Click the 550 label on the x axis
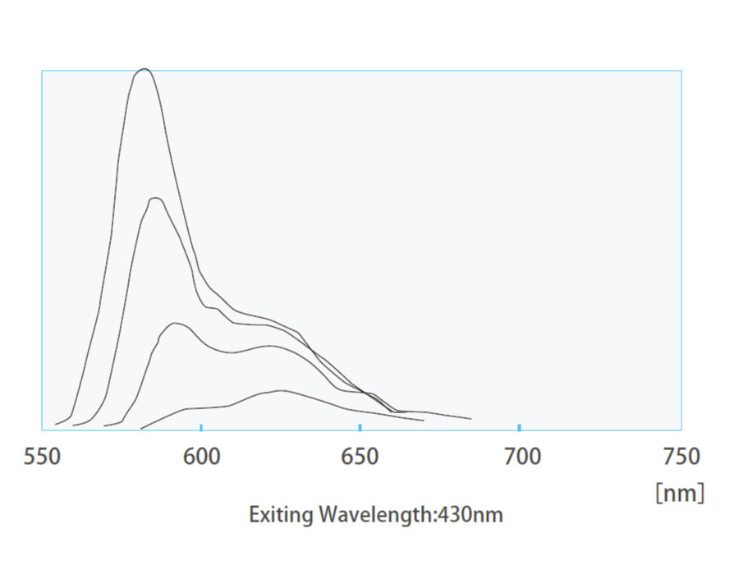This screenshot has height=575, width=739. point(42,457)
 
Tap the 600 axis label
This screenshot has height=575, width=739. point(200,457)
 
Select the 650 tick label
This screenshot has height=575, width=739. point(360,457)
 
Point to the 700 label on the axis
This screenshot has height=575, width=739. point(519,457)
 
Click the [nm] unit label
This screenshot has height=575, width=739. point(679,493)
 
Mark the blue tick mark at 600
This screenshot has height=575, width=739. point(201,426)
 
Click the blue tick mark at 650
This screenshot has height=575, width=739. point(360,426)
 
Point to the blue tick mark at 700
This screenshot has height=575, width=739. point(519,426)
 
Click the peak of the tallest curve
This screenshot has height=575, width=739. point(145,69)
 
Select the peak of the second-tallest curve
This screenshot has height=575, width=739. point(155,198)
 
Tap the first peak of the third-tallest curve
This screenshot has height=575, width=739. point(175,324)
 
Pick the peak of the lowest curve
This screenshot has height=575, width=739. point(281,390)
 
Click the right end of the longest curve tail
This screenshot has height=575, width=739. point(470,419)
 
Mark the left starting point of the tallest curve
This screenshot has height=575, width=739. point(55,425)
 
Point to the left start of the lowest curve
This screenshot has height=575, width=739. point(140,429)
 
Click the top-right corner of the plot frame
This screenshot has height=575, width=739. point(681,71)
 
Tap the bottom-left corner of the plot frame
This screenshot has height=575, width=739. point(42,430)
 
